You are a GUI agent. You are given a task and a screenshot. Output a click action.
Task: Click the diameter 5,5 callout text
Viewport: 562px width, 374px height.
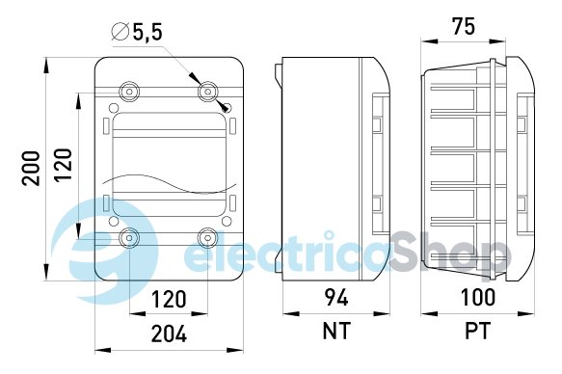(137, 32)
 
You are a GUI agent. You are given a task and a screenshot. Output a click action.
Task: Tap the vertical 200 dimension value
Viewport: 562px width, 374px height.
(31, 168)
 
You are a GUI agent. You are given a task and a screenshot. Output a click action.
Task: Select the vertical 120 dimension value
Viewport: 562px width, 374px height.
(63, 165)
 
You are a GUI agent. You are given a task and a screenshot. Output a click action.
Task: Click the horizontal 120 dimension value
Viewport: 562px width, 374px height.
(169, 300)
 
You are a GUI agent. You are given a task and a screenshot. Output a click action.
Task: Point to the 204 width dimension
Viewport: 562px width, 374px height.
(169, 334)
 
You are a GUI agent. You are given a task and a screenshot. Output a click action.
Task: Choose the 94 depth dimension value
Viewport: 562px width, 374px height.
(336, 297)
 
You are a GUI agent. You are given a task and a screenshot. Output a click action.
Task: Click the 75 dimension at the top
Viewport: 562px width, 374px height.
(464, 26)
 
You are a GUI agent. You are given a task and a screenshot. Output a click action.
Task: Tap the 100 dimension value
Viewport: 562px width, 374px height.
(477, 297)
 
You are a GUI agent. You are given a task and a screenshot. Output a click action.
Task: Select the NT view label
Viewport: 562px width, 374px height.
(335, 331)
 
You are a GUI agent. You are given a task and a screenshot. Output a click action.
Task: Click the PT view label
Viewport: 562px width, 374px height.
(477, 331)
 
